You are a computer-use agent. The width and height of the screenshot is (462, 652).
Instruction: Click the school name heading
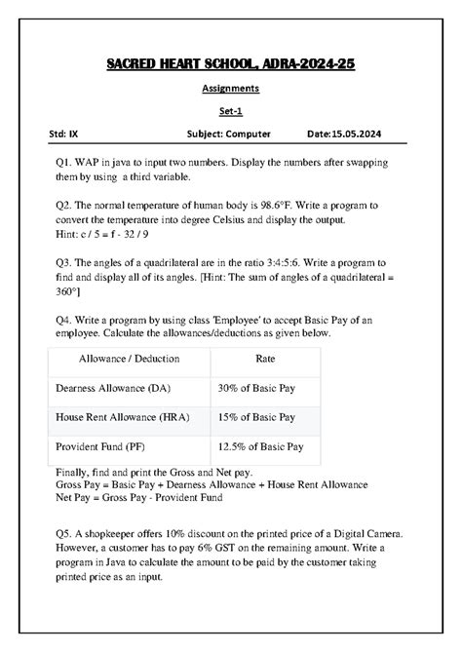tap(230, 64)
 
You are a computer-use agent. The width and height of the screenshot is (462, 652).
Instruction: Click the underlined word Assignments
tap(230, 88)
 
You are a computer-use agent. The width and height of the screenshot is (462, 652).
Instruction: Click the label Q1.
tap(66, 160)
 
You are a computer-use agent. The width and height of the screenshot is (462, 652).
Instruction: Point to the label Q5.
tap(66, 535)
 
